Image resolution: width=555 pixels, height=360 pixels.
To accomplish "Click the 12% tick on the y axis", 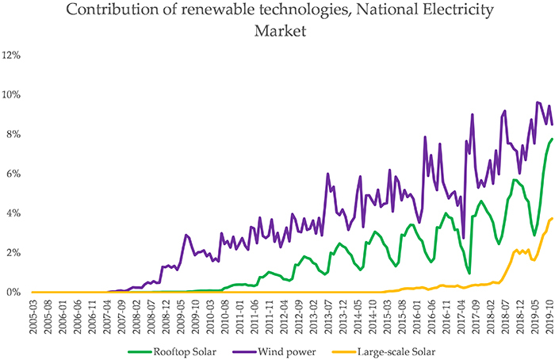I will coord(13,55).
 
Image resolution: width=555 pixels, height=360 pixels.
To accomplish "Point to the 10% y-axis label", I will coord(13,94).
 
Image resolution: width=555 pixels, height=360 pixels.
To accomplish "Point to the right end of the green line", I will coord(552,140).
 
